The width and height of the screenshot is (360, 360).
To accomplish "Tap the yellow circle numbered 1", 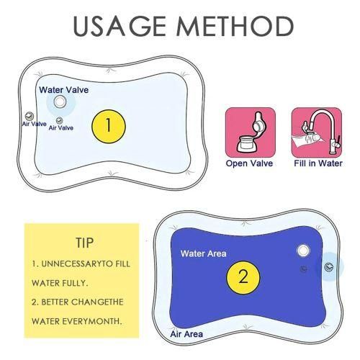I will [108, 125].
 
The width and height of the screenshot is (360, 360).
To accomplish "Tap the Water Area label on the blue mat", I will [203, 253].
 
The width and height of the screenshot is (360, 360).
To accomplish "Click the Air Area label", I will [186, 334].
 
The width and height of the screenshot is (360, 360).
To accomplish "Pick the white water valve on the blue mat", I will [302, 251].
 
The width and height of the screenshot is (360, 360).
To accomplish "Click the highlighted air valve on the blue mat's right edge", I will [329, 266].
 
